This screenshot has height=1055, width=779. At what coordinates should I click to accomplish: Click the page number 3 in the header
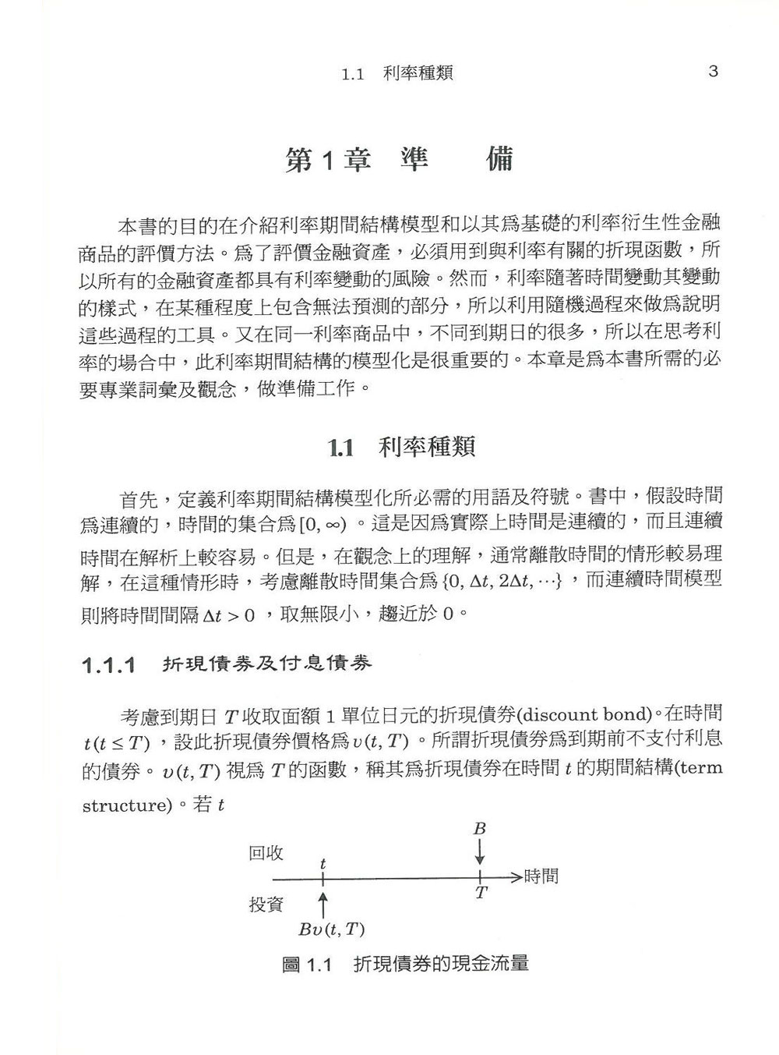[x=713, y=72]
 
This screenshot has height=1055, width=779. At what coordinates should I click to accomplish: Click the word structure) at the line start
[x=127, y=805]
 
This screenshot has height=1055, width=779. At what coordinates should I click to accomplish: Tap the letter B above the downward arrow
[x=479, y=829]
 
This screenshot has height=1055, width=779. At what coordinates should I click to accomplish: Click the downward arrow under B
[x=480, y=851]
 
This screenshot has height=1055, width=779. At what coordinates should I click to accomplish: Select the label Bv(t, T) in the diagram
[x=332, y=929]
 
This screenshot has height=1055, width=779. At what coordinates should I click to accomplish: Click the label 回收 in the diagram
[x=266, y=854]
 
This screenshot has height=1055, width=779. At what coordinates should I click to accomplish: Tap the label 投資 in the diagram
[x=266, y=905]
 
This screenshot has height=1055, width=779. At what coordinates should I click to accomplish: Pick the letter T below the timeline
[x=481, y=894]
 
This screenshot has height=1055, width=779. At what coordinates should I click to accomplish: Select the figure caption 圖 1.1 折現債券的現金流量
[x=406, y=965]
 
